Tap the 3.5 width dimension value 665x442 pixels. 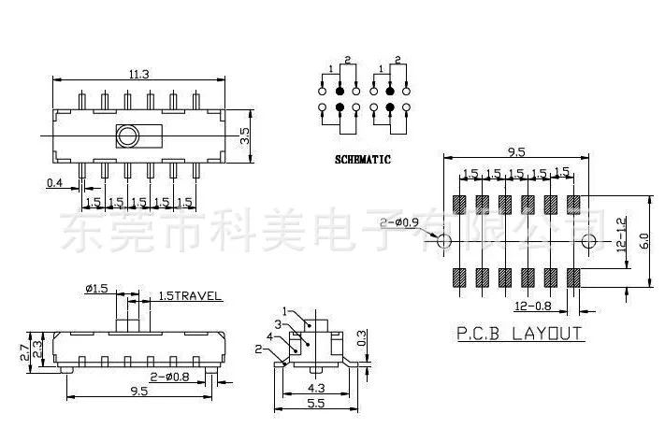point(244,135)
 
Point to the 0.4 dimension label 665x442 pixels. point(56,183)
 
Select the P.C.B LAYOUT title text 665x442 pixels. point(519,334)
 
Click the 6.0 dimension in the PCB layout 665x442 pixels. point(643,240)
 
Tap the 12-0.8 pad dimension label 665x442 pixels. point(534,306)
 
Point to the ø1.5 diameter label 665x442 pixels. point(96,289)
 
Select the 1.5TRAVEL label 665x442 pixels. point(190,296)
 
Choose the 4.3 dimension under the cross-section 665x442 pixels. point(316,386)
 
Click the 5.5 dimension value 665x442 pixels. point(316,405)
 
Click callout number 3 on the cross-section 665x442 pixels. point(279,324)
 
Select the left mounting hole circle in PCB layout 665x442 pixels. point(445,241)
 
